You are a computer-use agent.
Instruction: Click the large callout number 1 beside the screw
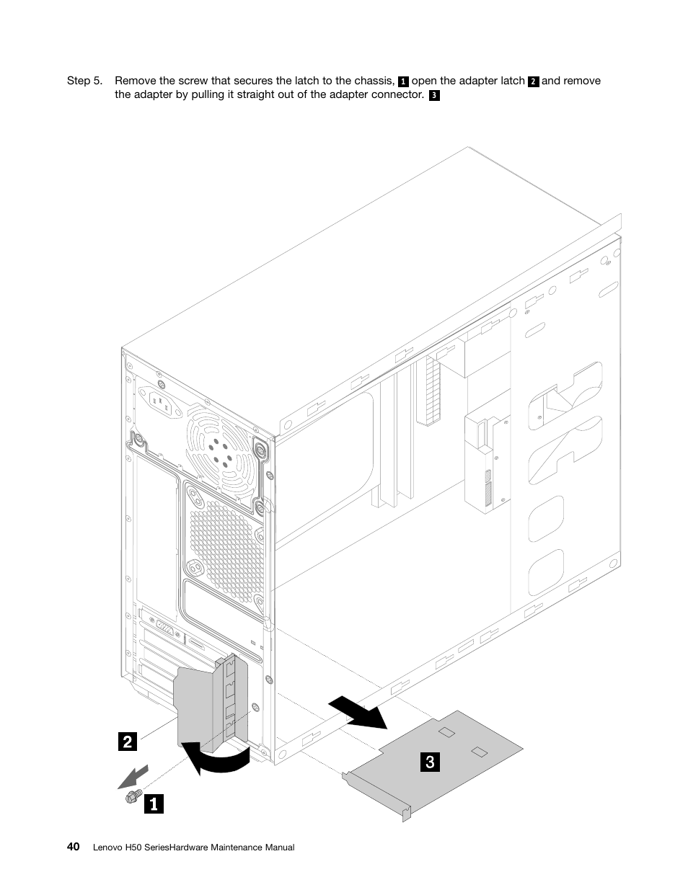[x=153, y=803]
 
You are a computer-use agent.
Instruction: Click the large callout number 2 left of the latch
[x=127, y=741]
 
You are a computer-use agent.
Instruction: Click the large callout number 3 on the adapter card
[x=429, y=761]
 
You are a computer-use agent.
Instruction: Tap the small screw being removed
[x=131, y=796]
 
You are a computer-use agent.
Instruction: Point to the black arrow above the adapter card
[x=357, y=711]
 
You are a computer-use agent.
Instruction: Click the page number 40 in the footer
[x=74, y=847]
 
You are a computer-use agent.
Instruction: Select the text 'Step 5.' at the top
[x=84, y=81]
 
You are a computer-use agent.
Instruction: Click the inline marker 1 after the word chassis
[x=403, y=81]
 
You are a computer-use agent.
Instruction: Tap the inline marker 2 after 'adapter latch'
[x=533, y=81]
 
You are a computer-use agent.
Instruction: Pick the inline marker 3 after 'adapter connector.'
[x=433, y=95]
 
